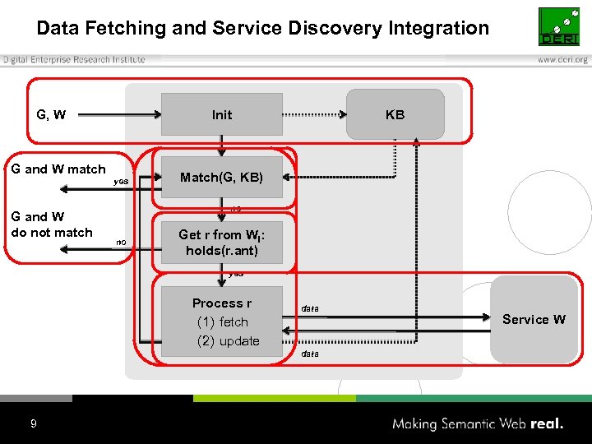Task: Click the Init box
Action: (222, 114)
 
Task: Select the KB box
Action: (395, 114)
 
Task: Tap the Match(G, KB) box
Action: (222, 177)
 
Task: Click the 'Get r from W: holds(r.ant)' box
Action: (222, 243)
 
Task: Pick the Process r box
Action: (222, 321)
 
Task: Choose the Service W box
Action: (534, 319)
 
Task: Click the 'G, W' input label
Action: (51, 114)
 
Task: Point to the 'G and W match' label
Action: (58, 169)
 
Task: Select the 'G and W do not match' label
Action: (51, 224)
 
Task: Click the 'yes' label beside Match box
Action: (121, 181)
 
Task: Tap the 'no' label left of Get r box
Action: (121, 242)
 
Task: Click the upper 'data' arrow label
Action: (310, 308)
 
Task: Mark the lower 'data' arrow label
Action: (310, 353)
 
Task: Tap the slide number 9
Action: (33, 423)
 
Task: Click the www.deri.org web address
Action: (562, 59)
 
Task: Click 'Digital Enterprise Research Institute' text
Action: (74, 59)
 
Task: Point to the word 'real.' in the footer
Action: (546, 423)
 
